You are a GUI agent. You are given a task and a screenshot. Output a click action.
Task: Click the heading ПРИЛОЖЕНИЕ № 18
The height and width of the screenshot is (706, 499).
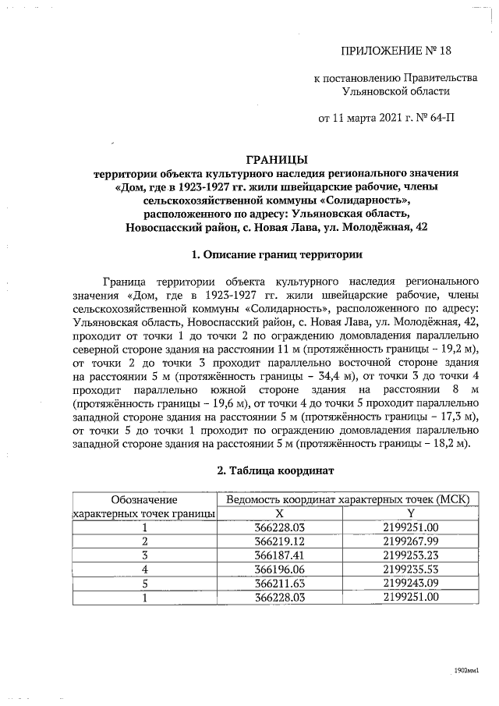396,51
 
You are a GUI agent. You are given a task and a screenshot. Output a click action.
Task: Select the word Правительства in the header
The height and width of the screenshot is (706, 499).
439,78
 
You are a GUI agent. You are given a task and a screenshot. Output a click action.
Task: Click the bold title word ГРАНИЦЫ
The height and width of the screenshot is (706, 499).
276,159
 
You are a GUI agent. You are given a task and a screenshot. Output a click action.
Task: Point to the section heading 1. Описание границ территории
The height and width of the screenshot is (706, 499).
276,254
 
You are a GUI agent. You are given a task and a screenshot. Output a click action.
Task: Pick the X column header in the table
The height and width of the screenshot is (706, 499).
279,513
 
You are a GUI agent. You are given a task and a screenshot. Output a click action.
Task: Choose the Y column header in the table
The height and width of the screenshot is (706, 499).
411,513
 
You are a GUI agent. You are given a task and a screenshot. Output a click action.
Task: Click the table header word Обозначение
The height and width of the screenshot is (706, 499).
144,499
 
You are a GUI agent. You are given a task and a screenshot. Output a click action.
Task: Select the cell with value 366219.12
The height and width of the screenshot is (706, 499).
279,541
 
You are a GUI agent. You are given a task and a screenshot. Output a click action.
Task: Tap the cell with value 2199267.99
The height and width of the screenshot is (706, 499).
411,541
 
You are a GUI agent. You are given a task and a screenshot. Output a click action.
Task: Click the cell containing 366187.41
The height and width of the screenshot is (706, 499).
279,555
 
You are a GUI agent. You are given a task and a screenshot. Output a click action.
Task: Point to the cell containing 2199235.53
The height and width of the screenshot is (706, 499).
411,569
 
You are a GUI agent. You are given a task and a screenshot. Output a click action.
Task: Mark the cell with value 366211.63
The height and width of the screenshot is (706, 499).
279,583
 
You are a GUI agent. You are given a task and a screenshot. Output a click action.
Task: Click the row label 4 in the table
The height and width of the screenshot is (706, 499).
144,569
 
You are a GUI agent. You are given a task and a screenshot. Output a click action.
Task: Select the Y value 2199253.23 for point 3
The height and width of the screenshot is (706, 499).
411,555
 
